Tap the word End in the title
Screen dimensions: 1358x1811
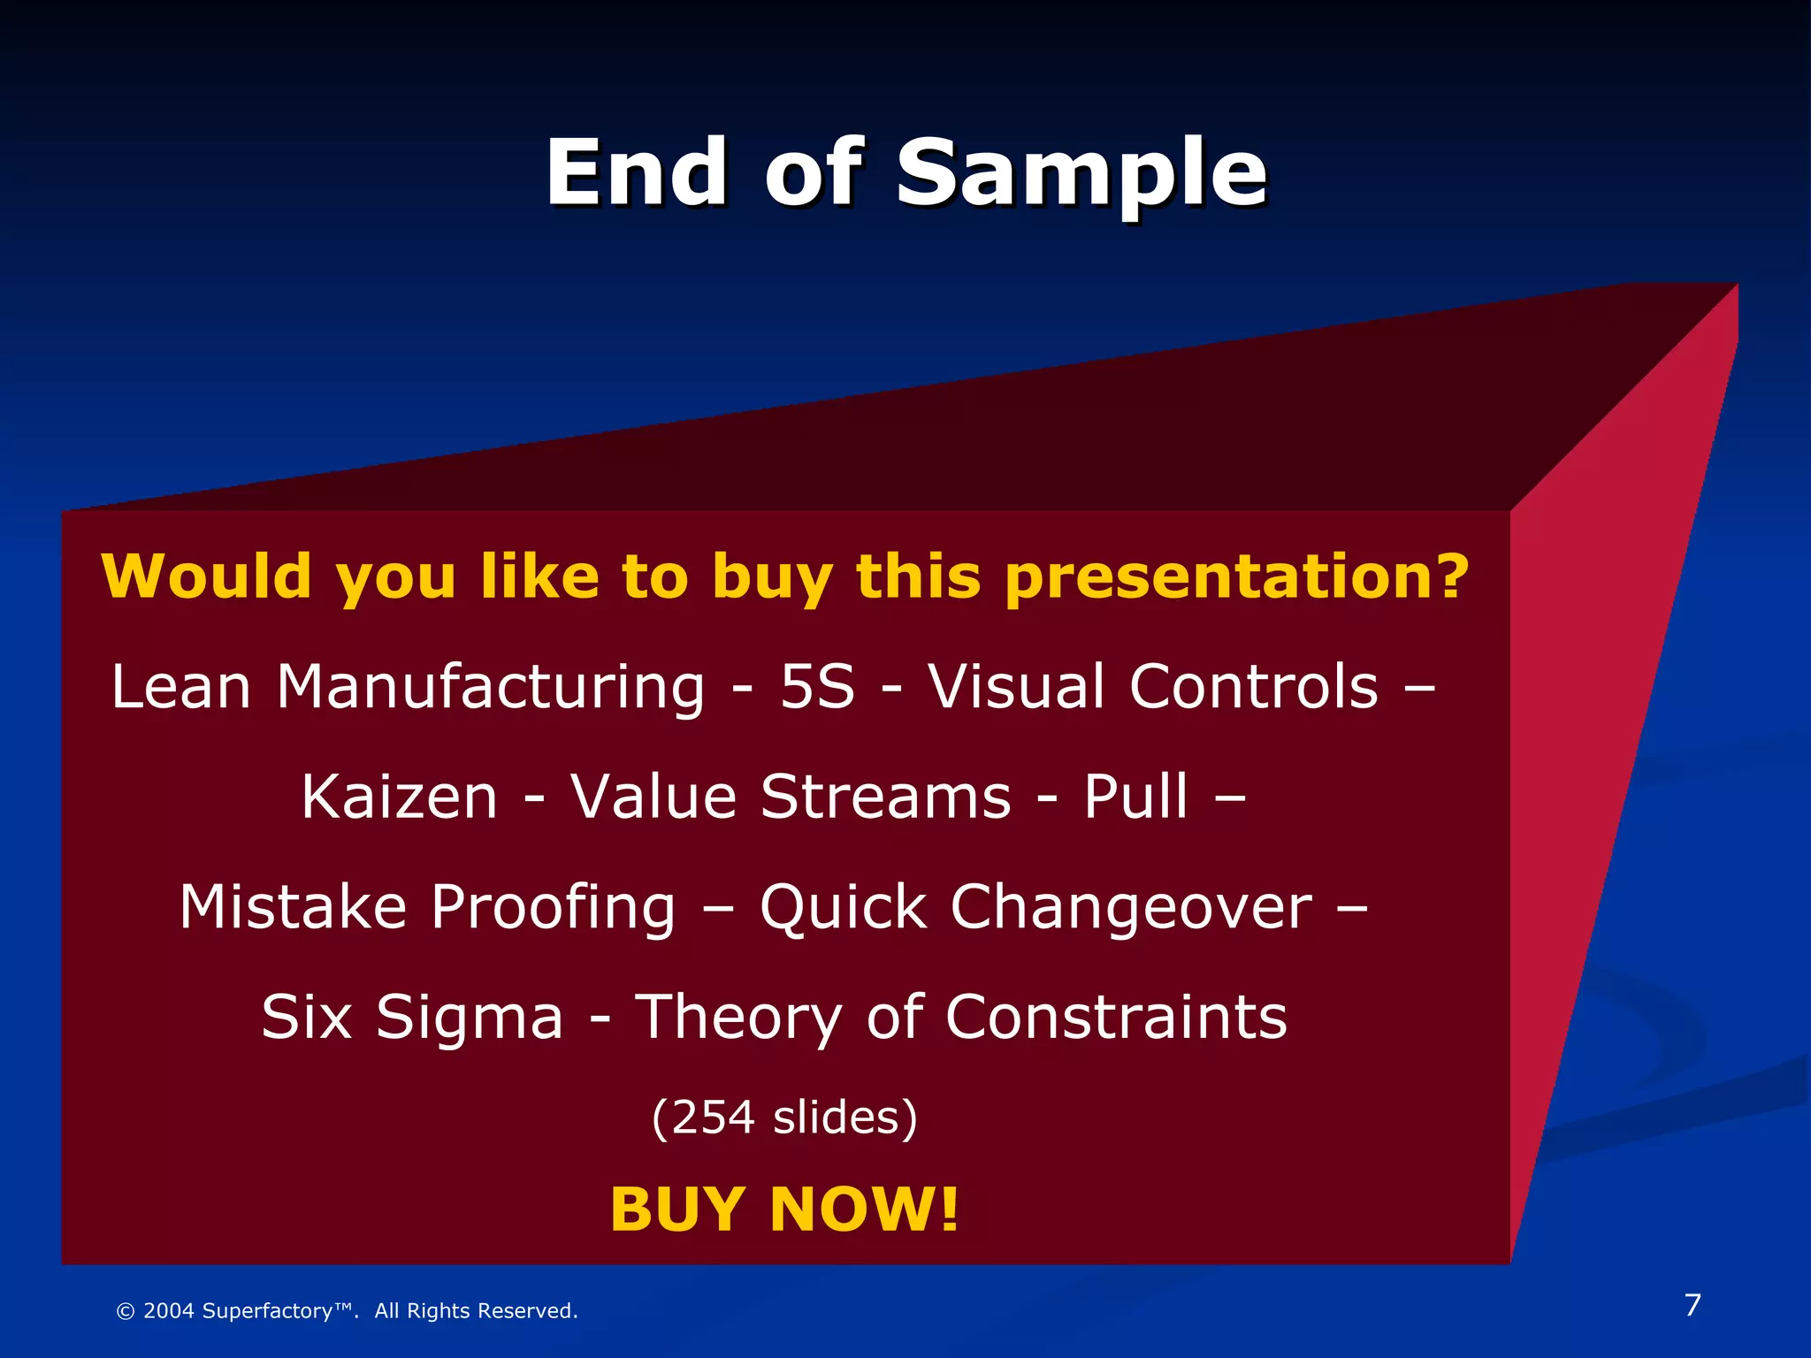(637, 173)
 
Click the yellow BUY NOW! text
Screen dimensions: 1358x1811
(784, 1209)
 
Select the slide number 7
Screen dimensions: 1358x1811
(1693, 1305)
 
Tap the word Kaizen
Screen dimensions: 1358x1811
(400, 797)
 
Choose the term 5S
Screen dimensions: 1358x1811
(817, 687)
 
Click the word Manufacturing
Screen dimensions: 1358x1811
(491, 687)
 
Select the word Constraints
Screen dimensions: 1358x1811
(1116, 1017)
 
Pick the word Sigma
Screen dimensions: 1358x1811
(470, 1018)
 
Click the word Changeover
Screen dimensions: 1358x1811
(1131, 908)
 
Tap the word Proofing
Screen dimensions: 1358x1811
(554, 908)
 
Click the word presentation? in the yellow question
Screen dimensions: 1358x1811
(1236, 577)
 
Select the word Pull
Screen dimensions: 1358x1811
(1135, 797)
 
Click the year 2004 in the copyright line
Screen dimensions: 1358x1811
(168, 1311)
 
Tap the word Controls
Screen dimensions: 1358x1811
(1254, 687)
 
